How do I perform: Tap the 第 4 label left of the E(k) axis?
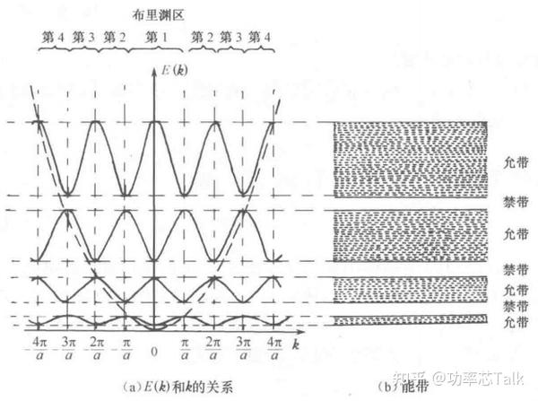[53, 38]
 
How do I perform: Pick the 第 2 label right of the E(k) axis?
[203, 38]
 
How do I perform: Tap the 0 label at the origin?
[155, 351]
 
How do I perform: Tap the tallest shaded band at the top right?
[411, 159]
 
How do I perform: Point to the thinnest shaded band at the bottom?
[411, 320]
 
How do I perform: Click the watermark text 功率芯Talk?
[483, 378]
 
